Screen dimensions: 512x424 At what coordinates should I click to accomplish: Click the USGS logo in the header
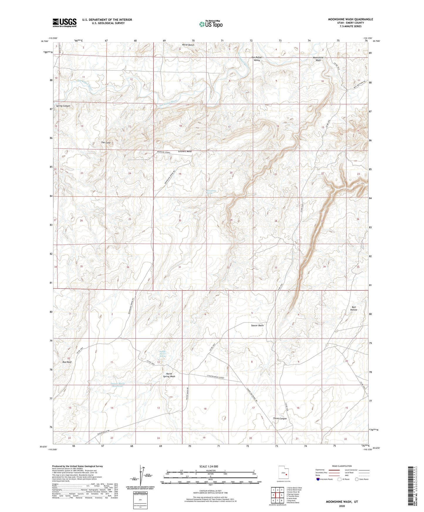pyautogui.click(x=65, y=22)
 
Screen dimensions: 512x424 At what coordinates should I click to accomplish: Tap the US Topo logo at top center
pyautogui.click(x=210, y=24)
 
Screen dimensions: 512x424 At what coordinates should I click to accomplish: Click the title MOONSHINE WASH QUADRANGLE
pyautogui.click(x=350, y=19)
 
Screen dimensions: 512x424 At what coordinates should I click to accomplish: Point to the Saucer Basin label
pyautogui.click(x=257, y=325)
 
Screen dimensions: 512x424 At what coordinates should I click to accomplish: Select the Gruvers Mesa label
pyautogui.click(x=185, y=151)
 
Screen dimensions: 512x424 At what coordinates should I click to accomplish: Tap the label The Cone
pyautogui.click(x=106, y=143)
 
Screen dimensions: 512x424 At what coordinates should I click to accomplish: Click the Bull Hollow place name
pyautogui.click(x=354, y=308)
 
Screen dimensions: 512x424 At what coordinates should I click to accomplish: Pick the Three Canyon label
pyautogui.click(x=280, y=418)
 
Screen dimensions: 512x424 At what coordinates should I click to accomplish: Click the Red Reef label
pyautogui.click(x=67, y=362)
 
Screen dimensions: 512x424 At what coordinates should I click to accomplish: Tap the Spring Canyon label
pyautogui.click(x=63, y=106)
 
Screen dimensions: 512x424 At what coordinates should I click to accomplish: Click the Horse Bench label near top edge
pyautogui.click(x=188, y=45)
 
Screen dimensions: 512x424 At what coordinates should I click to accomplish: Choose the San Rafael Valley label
pyautogui.click(x=257, y=59)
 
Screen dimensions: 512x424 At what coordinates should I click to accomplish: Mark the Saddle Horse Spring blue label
pyautogui.click(x=162, y=354)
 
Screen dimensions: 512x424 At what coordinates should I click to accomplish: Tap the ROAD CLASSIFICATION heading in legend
pyautogui.click(x=342, y=466)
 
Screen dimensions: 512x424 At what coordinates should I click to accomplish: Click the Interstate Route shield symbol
pyautogui.click(x=318, y=479)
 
